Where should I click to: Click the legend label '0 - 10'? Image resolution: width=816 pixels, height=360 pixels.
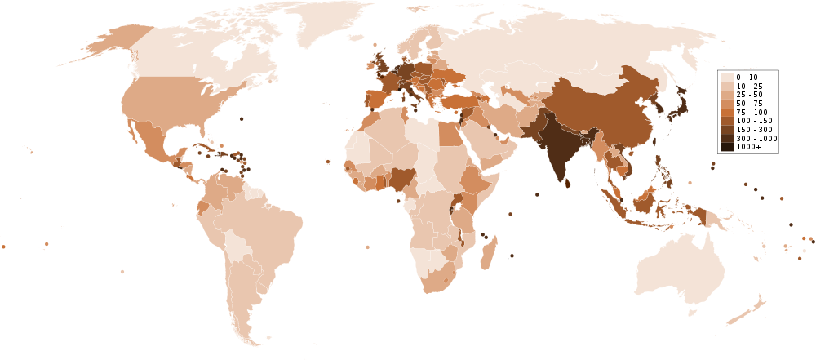tap(747, 77)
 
